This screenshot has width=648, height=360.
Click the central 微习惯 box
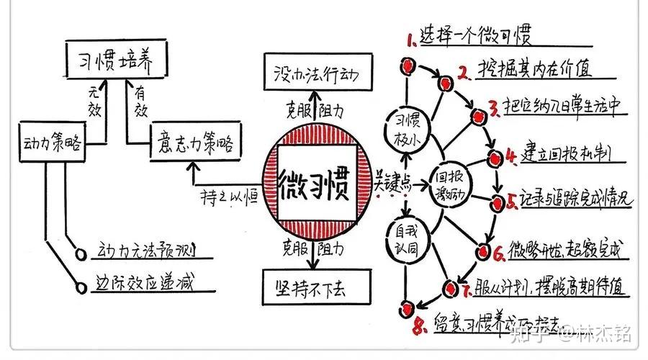coord(313,186)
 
